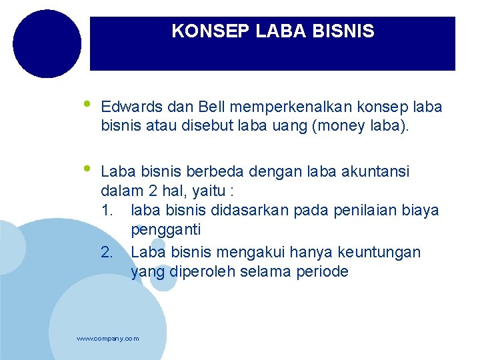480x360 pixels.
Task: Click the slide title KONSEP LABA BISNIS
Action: click(273, 31)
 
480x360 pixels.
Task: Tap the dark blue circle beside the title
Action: click(47, 43)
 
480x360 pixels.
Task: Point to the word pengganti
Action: click(166, 230)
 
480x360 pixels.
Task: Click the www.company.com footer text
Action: click(108, 339)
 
